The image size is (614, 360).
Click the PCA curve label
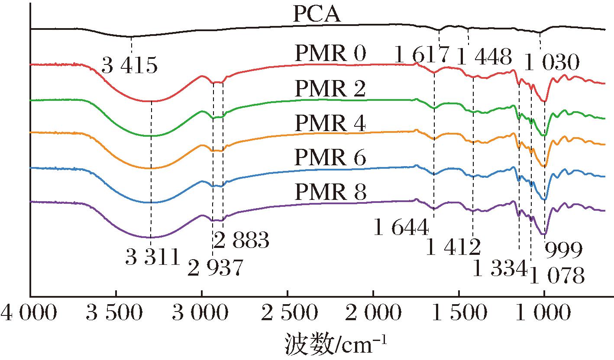317,15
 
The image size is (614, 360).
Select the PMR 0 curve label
330,55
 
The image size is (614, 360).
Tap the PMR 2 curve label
330,90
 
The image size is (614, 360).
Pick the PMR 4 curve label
330,125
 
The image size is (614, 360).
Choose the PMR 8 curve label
330,193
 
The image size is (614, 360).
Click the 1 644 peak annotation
401,228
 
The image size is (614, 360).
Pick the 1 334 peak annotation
500,270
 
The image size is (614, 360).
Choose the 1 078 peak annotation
557,274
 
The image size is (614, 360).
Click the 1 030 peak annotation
551,64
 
